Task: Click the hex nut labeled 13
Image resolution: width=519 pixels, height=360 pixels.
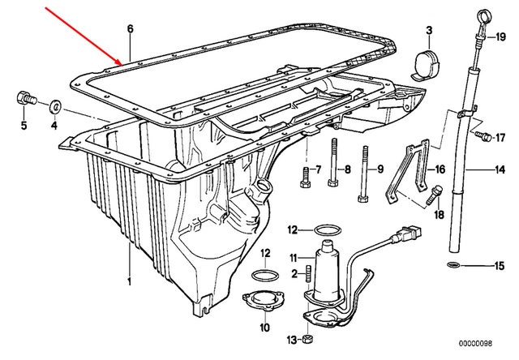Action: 308,337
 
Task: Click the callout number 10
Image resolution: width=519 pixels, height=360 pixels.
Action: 264,328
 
